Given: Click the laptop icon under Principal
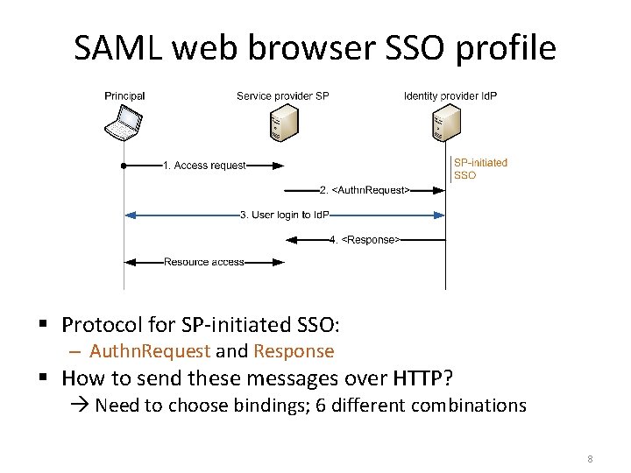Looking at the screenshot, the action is (124, 123).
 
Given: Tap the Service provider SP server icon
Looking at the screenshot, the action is (283, 124).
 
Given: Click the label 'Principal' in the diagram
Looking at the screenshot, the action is (124, 95).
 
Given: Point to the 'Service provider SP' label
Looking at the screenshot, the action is (282, 95).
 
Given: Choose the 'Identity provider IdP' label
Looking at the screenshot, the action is (450, 95).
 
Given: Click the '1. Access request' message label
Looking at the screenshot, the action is (204, 166).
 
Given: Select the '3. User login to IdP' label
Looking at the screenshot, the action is (284, 215).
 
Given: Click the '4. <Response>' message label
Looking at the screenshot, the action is (365, 239).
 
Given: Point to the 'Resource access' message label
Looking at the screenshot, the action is (204, 262).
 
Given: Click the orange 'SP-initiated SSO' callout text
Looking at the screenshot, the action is (479, 169).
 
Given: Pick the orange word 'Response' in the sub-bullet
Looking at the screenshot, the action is (294, 351).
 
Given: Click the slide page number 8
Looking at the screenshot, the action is (590, 459).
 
